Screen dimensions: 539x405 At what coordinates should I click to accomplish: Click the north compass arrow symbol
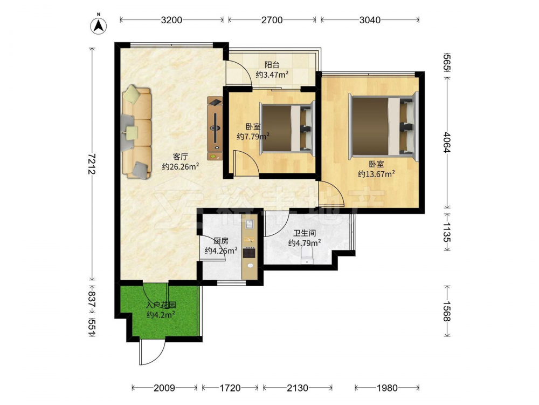(x=99, y=25)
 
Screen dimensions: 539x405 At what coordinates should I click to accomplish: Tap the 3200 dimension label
(x=171, y=20)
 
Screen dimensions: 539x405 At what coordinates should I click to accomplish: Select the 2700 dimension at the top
(x=272, y=20)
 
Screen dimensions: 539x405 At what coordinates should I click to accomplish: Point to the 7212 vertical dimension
(x=92, y=164)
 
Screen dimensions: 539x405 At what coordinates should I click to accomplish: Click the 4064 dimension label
(x=446, y=142)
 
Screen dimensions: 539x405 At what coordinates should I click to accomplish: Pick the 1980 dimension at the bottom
(x=387, y=388)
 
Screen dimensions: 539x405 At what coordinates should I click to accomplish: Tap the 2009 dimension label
(x=164, y=388)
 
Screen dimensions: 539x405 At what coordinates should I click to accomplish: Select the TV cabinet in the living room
(x=215, y=128)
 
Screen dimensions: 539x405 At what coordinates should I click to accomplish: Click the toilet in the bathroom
(x=307, y=256)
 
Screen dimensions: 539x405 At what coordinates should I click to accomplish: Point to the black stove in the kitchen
(x=249, y=253)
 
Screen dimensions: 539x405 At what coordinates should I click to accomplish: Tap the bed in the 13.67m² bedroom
(x=383, y=127)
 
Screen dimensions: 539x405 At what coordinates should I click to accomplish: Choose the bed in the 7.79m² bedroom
(x=287, y=129)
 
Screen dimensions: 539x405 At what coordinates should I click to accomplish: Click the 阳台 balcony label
(x=272, y=64)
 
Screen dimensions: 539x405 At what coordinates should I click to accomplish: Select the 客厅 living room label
(x=181, y=157)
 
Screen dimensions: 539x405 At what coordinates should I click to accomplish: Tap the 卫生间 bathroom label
(x=305, y=233)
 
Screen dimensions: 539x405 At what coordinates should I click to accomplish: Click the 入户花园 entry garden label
(x=161, y=305)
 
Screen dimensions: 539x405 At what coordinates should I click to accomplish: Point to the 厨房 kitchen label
(x=220, y=241)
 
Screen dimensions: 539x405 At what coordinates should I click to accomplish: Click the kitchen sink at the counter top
(x=249, y=224)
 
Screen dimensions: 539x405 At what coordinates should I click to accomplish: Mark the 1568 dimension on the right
(x=446, y=311)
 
